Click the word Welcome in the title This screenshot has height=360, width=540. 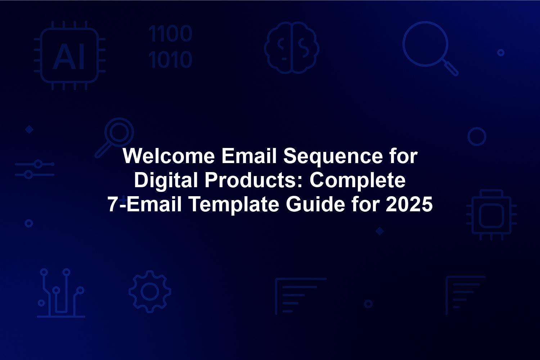[x=168, y=156]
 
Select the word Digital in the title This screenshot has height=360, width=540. [x=166, y=180]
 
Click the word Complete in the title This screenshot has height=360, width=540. [x=357, y=180]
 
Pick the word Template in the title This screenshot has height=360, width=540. [x=234, y=204]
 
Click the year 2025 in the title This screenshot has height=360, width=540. [x=409, y=204]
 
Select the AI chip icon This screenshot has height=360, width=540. [x=70, y=55]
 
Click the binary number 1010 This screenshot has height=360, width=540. [x=170, y=59]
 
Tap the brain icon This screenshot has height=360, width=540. [x=292, y=48]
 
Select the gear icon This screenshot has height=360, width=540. [x=150, y=292]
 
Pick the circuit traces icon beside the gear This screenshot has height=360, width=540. [x=61, y=293]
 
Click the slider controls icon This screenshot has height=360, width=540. [x=35, y=169]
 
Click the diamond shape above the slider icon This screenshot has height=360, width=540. [x=29, y=130]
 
